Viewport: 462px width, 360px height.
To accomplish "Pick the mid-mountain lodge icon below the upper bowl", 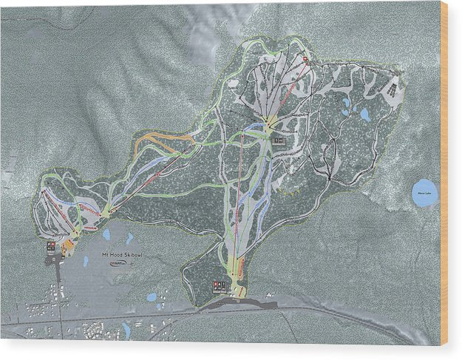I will [x=279, y=140].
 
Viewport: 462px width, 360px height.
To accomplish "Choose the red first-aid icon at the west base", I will [x=50, y=245].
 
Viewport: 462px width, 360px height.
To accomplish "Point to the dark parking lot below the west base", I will [x=58, y=262].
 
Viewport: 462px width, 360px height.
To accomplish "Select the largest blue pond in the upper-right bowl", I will [x=364, y=115].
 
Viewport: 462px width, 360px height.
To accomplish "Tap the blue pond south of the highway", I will [x=126, y=328].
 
